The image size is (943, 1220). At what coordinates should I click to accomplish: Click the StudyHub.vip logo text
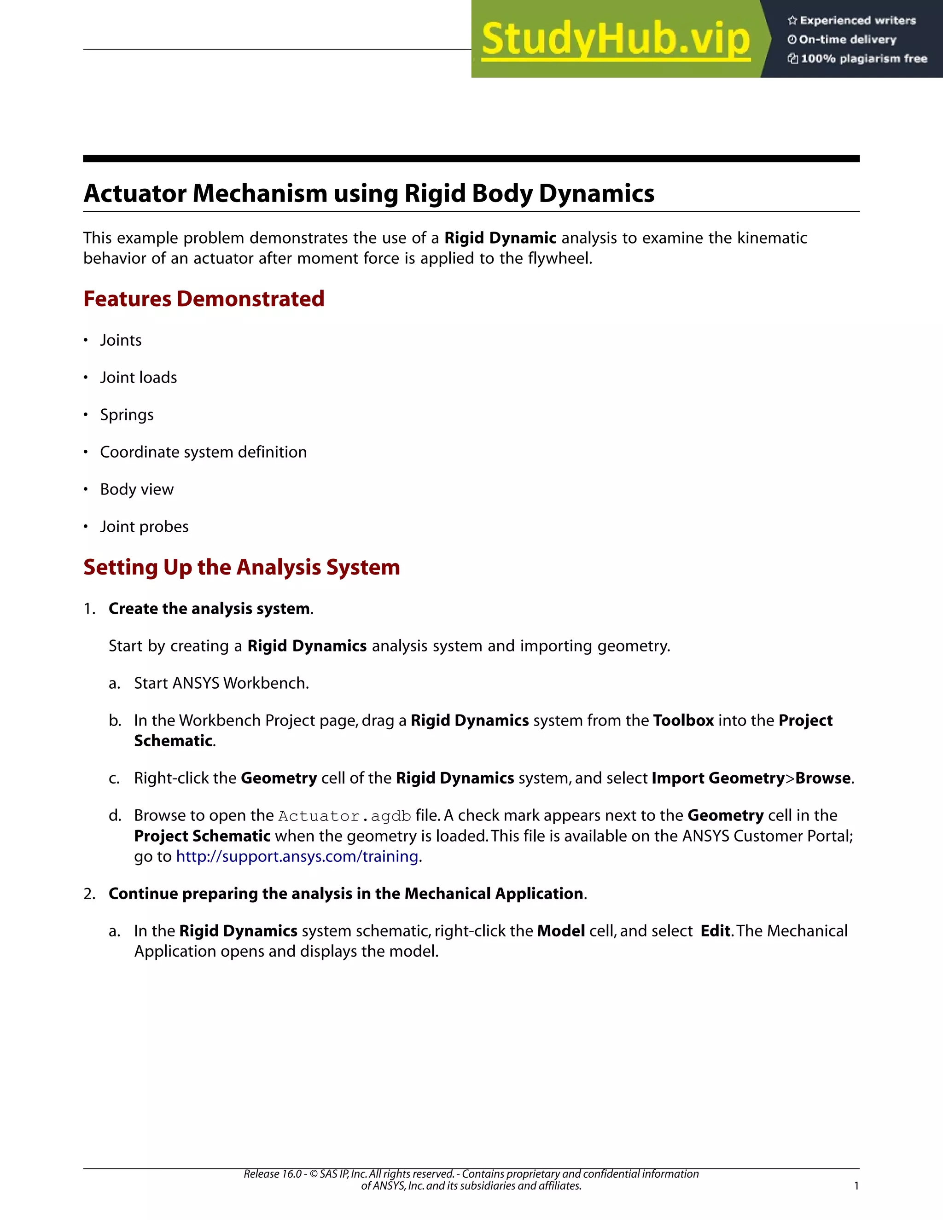[615, 39]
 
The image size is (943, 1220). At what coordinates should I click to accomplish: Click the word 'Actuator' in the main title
[134, 194]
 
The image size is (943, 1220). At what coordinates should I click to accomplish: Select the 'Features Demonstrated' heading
[204, 299]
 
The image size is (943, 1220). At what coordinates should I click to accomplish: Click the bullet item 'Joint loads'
[138, 378]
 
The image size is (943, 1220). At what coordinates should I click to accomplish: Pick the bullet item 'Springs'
[126, 415]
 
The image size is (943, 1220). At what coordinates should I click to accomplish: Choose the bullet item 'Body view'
[136, 489]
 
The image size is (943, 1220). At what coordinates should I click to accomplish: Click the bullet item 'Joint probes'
[144, 527]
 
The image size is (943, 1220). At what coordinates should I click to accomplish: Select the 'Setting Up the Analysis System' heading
[241, 567]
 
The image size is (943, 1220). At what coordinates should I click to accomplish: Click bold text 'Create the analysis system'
[209, 608]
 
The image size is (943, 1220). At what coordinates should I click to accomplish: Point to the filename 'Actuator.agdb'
[345, 816]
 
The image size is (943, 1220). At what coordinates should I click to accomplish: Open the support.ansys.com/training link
[297, 856]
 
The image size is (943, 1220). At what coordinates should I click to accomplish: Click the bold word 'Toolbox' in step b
[683, 720]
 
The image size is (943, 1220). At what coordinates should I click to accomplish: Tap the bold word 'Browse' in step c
[822, 778]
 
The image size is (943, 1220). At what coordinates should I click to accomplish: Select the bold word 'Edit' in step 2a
[715, 931]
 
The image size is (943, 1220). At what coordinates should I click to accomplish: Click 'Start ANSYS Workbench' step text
[221, 683]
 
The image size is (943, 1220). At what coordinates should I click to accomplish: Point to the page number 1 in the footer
[856, 1186]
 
